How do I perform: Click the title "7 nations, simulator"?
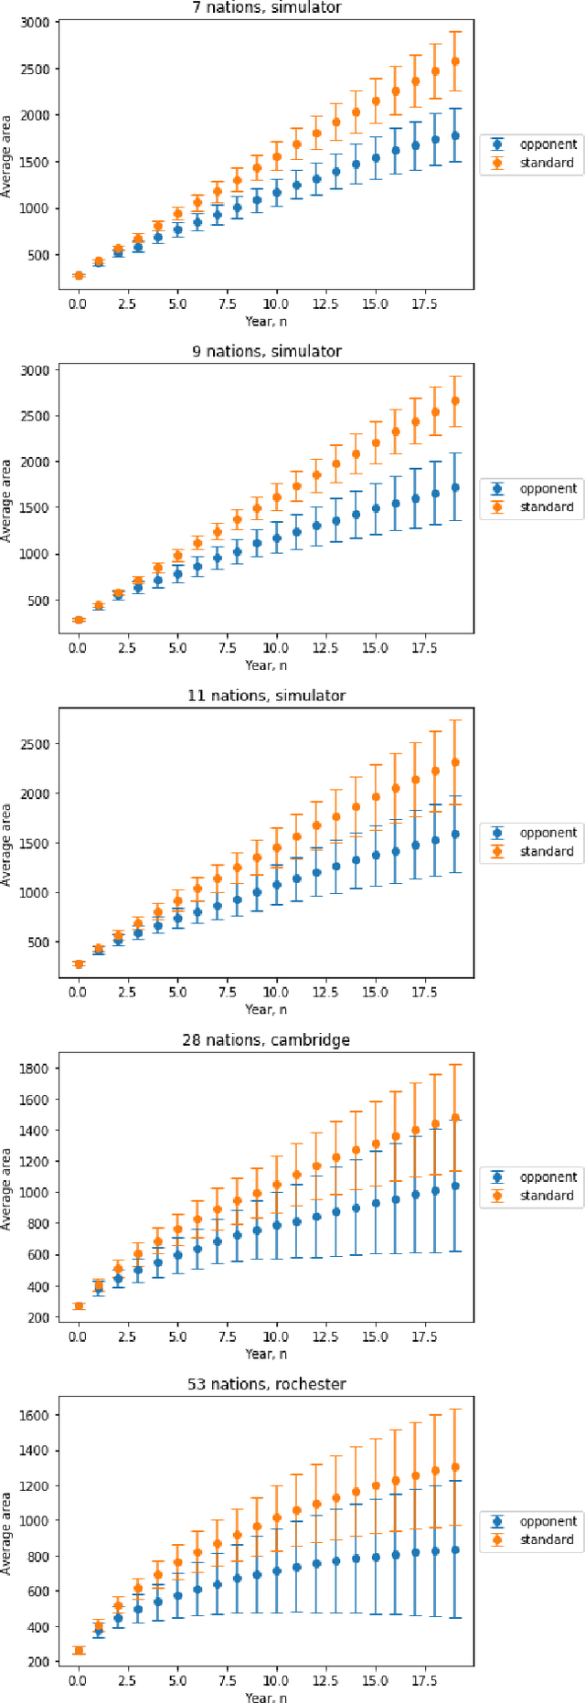[x=266, y=7]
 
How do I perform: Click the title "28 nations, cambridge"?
[x=266, y=1039]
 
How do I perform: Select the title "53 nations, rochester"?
[x=266, y=1383]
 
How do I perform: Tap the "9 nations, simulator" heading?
[x=266, y=351]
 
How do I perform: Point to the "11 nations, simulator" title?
[x=266, y=696]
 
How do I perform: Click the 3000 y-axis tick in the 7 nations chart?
[x=37, y=22]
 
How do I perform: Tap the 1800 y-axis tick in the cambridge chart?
[x=37, y=1068]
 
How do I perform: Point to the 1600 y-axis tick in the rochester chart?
[x=37, y=1415]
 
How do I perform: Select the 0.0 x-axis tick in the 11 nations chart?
[x=78, y=992]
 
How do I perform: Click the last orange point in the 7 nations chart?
[x=455, y=61]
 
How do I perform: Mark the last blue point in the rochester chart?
[x=455, y=1549]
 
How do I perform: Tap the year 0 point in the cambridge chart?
[x=79, y=1306]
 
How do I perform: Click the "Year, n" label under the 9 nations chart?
[x=266, y=665]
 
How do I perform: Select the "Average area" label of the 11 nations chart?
[x=7, y=845]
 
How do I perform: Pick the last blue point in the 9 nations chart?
[x=455, y=487]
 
